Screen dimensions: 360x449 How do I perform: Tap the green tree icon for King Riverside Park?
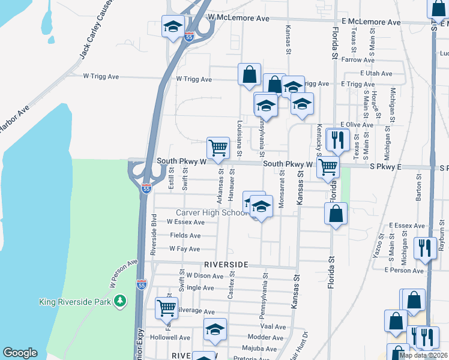pyautogui.click(x=121, y=300)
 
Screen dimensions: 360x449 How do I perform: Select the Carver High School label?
pyautogui.click(x=208, y=213)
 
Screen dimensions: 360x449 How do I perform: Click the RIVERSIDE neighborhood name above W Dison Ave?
pyautogui.click(x=226, y=264)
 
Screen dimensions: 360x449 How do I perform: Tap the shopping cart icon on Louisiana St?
pyautogui.click(x=217, y=147)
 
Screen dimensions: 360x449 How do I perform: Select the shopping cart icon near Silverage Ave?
pyautogui.click(x=166, y=308)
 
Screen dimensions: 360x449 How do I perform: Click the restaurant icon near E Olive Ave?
pyautogui.click(x=337, y=139)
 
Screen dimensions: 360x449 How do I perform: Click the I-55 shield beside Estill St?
pyautogui.click(x=146, y=188)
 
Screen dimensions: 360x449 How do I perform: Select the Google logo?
pyautogui.click(x=20, y=353)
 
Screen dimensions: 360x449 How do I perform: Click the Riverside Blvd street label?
pyautogui.click(x=154, y=233)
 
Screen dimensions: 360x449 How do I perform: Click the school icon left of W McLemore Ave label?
pyautogui.click(x=172, y=27)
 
